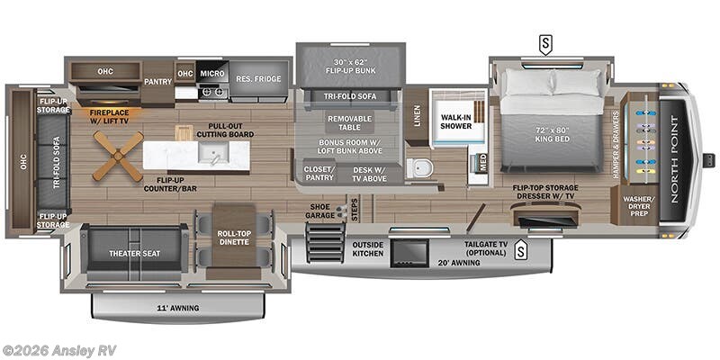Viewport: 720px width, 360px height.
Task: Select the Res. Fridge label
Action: pyautogui.click(x=258, y=79)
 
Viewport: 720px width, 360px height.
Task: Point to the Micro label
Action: pyautogui.click(x=212, y=73)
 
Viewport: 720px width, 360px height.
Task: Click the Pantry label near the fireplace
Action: pyautogui.click(x=157, y=82)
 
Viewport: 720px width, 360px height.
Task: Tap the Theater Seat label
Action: pyautogui.click(x=134, y=254)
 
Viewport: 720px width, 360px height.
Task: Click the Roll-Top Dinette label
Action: pyautogui.click(x=233, y=238)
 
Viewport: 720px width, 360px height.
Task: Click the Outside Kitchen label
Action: pyautogui.click(x=367, y=248)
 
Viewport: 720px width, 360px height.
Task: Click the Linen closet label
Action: pyautogui.click(x=416, y=115)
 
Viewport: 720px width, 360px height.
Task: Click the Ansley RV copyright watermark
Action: pyautogui.click(x=59, y=350)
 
